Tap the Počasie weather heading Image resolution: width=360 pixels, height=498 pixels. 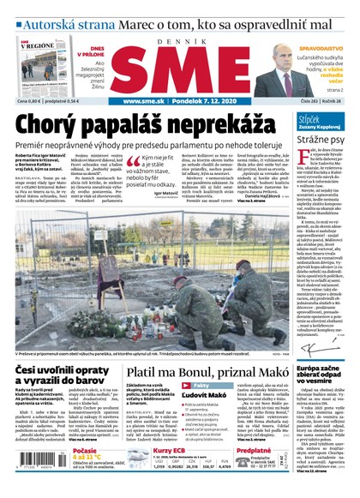87,450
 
